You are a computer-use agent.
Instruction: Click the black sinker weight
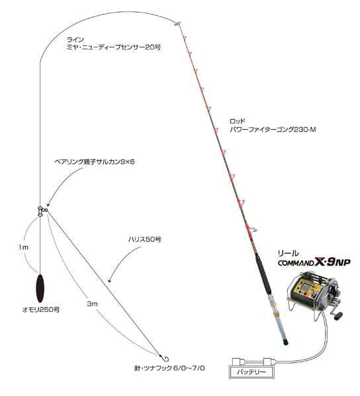click(40, 288)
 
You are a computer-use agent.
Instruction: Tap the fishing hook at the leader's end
click(165, 358)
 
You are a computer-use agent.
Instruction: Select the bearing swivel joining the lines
click(42, 211)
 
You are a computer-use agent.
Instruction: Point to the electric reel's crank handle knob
click(339, 317)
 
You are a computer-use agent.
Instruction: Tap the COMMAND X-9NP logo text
click(314, 263)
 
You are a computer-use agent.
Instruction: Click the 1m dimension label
click(23, 247)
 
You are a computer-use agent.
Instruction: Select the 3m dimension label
click(92, 304)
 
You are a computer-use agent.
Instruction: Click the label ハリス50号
click(144, 239)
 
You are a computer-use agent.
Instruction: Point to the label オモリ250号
click(41, 309)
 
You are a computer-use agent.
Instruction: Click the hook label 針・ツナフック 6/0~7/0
click(169, 368)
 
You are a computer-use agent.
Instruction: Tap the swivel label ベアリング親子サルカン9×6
click(95, 162)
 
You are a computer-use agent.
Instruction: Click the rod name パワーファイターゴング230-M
click(273, 130)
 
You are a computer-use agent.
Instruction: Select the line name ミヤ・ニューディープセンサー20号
click(114, 47)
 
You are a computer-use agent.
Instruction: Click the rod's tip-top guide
click(177, 24)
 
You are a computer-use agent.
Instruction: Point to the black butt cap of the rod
click(285, 342)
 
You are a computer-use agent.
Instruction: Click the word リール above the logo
click(288, 253)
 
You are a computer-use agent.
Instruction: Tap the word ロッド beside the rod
click(238, 121)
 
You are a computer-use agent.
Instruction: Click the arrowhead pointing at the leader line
click(110, 280)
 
